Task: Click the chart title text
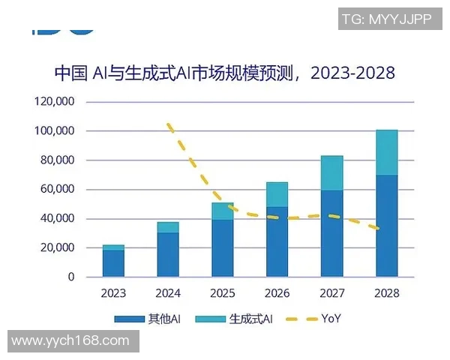coord(225,73)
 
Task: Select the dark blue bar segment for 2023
coord(113,263)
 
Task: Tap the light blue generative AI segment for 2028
coord(386,152)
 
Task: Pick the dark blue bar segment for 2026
coord(277,241)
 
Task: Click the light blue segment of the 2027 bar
coord(331,172)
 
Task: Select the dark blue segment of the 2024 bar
coord(168,255)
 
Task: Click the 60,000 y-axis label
coord(58,189)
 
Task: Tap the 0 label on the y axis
coord(71,277)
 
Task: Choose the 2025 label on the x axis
coord(223,293)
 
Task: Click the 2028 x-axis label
coord(386,293)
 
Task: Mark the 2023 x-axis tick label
coord(113,293)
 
